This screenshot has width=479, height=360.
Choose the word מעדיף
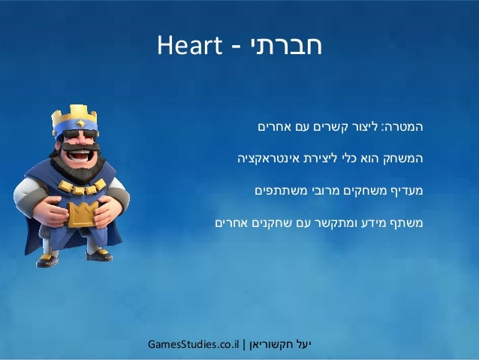[408, 191]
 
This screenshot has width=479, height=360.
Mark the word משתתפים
[278, 191]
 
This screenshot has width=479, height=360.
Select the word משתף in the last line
[409, 222]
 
